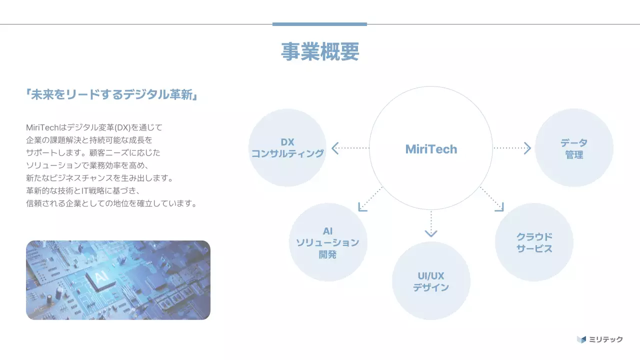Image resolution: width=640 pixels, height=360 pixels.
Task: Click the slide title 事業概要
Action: tap(320, 51)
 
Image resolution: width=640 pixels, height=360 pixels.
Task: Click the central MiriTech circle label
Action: tap(431, 149)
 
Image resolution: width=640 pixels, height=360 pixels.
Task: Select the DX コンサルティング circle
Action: tap(287, 148)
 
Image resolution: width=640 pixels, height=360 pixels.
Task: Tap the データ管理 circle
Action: tap(574, 148)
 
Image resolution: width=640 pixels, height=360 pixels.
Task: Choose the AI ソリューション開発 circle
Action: tap(328, 242)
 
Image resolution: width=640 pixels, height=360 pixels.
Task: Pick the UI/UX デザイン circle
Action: tap(431, 281)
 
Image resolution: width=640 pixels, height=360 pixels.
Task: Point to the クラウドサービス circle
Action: tap(534, 242)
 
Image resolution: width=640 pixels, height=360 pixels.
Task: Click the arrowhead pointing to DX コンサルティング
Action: tap(335, 148)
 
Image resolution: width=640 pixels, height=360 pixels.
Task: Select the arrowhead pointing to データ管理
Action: tap(527, 148)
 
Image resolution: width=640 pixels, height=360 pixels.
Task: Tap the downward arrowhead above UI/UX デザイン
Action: tap(431, 233)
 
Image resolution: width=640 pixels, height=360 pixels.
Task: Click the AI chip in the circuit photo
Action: tap(98, 276)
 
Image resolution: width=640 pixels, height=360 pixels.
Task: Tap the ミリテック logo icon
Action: tap(581, 339)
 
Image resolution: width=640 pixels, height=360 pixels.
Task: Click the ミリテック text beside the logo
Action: tap(606, 339)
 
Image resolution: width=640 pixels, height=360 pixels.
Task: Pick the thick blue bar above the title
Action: tap(319, 24)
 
